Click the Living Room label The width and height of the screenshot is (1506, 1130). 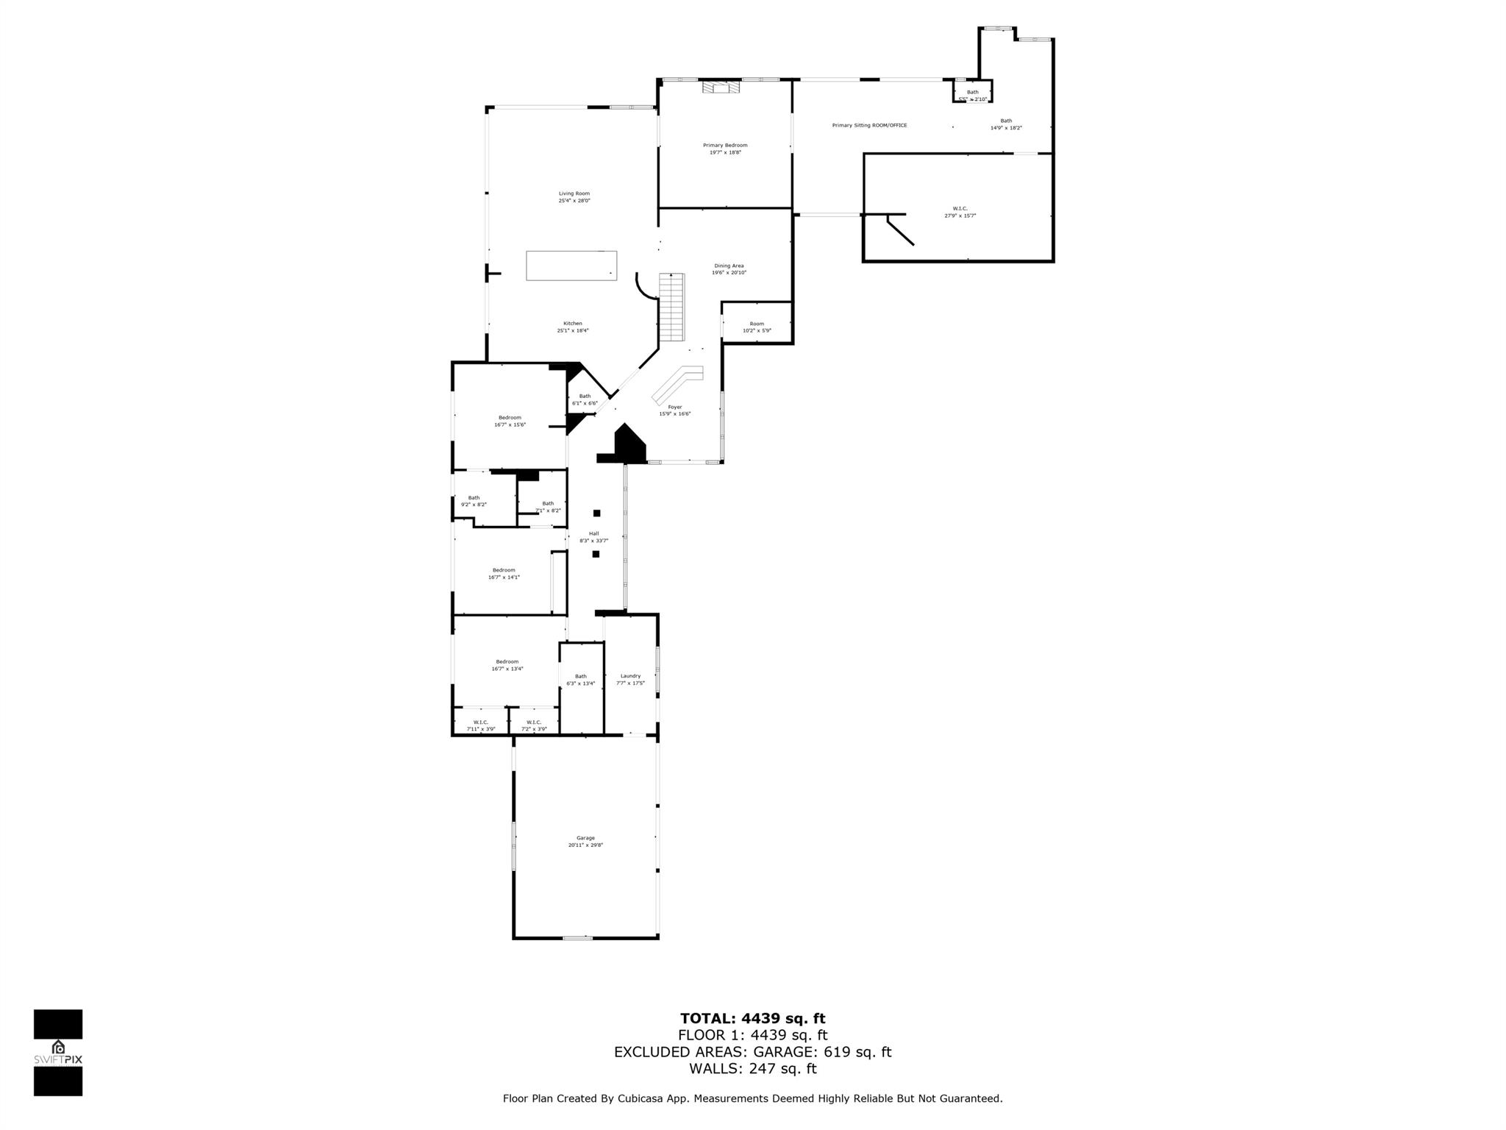click(x=574, y=197)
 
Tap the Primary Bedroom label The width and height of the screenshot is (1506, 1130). click(x=725, y=149)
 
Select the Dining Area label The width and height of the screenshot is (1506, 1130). click(x=729, y=269)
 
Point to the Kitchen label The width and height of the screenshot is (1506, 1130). click(x=573, y=327)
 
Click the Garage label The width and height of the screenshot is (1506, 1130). click(x=585, y=842)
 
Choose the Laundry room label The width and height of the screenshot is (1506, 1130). click(x=630, y=679)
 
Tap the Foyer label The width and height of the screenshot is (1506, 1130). click(x=674, y=411)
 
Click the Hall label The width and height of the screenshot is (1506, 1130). click(x=594, y=537)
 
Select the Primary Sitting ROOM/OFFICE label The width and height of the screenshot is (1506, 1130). click(x=869, y=126)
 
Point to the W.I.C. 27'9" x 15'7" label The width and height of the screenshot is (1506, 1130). click(x=960, y=212)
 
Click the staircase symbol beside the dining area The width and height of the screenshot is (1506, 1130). click(x=671, y=307)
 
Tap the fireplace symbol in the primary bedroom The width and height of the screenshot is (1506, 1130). click(x=720, y=88)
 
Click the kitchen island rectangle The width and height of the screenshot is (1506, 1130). click(x=571, y=266)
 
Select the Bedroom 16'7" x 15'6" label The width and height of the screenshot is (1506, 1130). click(x=510, y=421)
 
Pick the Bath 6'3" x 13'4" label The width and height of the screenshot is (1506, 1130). click(x=581, y=680)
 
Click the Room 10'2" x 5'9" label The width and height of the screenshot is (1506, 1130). click(x=757, y=327)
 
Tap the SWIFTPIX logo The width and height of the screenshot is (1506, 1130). click(x=58, y=1053)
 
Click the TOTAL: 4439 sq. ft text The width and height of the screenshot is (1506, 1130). click(x=752, y=1019)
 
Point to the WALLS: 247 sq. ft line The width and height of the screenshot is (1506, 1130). click(x=752, y=1069)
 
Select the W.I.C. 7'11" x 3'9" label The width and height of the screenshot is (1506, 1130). click(x=481, y=725)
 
